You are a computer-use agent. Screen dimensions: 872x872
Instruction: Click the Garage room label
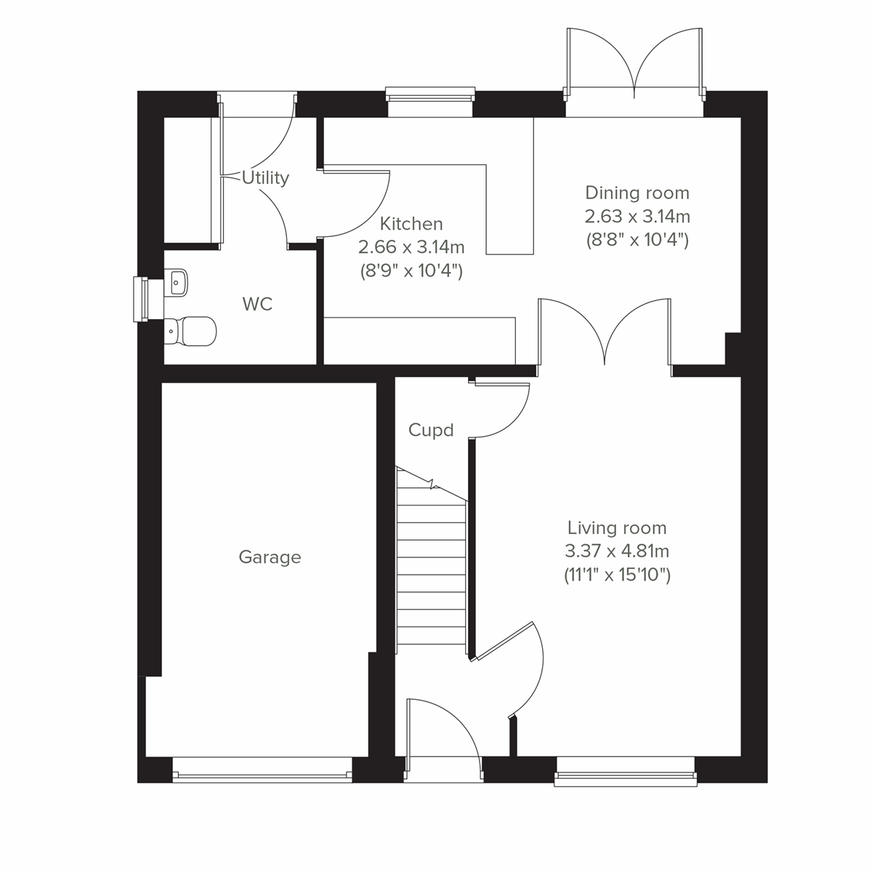[x=270, y=557]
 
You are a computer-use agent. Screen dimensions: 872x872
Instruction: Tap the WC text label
[x=258, y=304]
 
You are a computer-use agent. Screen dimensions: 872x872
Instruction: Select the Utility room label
[x=266, y=178]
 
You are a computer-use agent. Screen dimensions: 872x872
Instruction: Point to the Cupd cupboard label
[x=431, y=430]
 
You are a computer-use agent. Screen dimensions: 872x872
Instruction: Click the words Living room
[x=616, y=528]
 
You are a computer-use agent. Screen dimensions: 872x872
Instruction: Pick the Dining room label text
[x=637, y=193]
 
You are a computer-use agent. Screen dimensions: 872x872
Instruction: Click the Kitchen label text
[x=411, y=224]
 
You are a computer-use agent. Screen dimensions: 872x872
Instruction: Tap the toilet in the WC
[x=190, y=331]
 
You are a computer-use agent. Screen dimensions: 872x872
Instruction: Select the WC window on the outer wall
[x=141, y=299]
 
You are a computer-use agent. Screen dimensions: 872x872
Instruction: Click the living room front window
[x=626, y=778]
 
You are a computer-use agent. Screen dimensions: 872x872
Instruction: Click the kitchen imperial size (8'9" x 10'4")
[x=411, y=271]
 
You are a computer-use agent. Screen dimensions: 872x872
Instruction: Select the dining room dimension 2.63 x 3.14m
[x=637, y=216]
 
